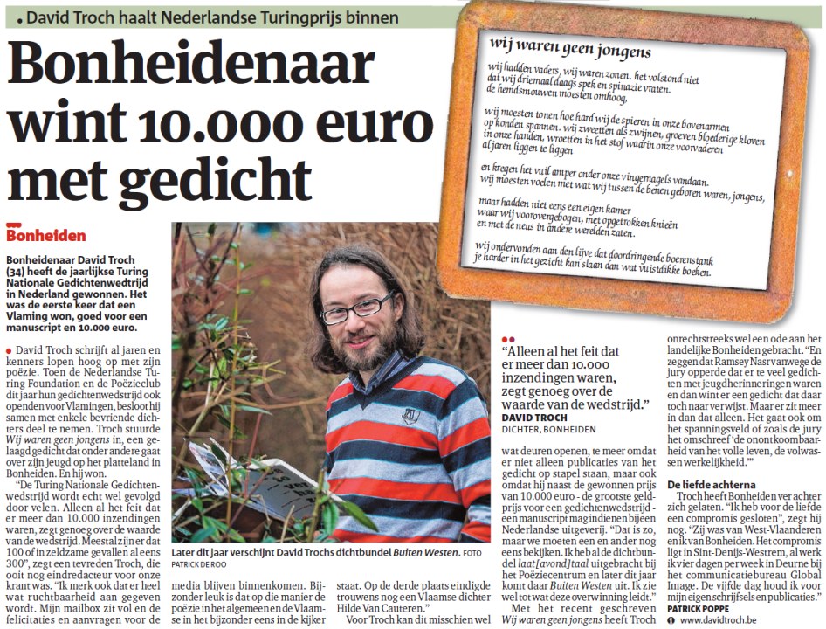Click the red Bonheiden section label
[46, 234]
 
